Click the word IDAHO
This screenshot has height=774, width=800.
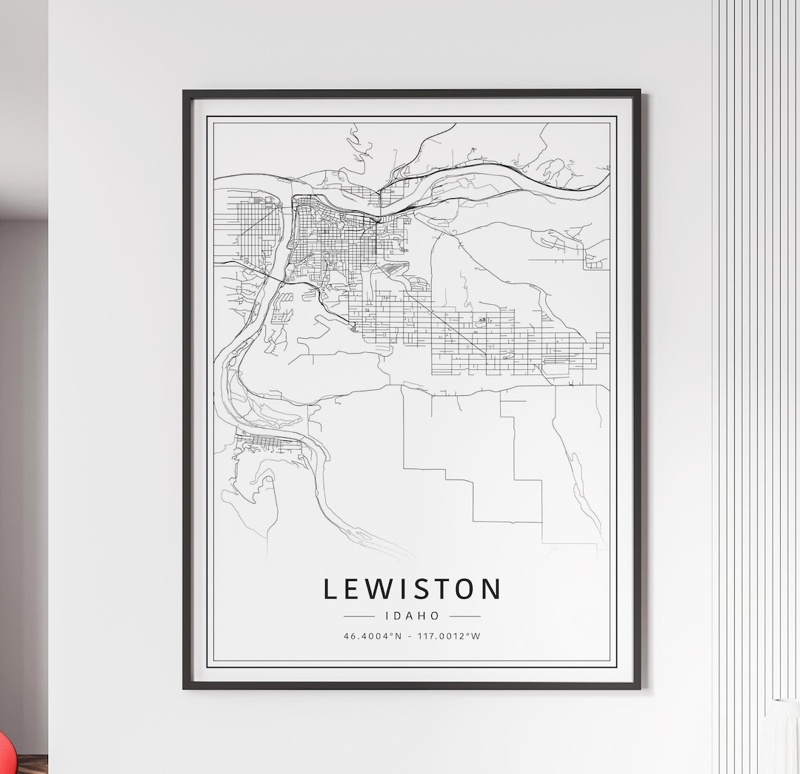pyautogui.click(x=412, y=616)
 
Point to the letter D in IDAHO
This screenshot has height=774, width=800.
pyautogui.click(x=399, y=616)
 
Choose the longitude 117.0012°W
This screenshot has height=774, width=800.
pyautogui.click(x=448, y=636)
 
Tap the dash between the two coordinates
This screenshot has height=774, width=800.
pyautogui.click(x=410, y=636)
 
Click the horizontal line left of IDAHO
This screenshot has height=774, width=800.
pyautogui.click(x=359, y=616)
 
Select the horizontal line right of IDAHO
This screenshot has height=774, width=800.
pyautogui.click(x=465, y=616)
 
